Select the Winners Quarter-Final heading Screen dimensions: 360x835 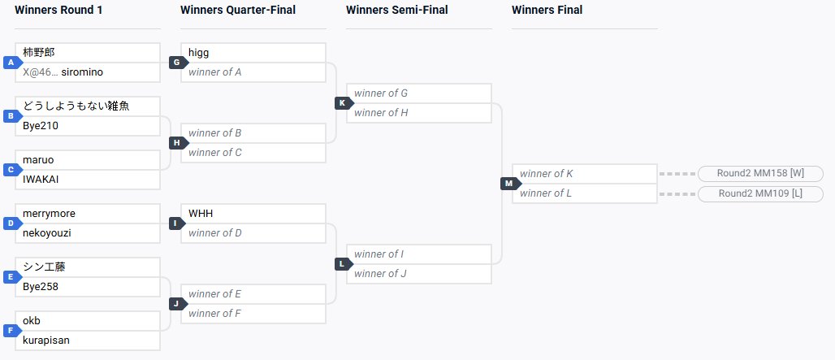coord(238,11)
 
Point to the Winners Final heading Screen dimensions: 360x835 coord(547,11)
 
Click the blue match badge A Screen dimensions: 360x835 coord(11,63)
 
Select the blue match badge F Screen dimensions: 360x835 coord(11,331)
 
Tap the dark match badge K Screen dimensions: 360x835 coord(342,103)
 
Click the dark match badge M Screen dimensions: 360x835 coord(508,184)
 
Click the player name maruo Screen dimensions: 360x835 coord(38,160)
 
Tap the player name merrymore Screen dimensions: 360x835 coord(49,214)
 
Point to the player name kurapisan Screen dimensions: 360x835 coord(46,340)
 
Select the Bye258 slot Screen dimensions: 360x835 coord(41,287)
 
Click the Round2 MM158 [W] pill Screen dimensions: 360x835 coord(760,174)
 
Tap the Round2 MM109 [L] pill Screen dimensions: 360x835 coord(760,193)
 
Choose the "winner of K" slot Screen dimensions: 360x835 coord(584,174)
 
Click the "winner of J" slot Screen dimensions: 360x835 coord(418,274)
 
